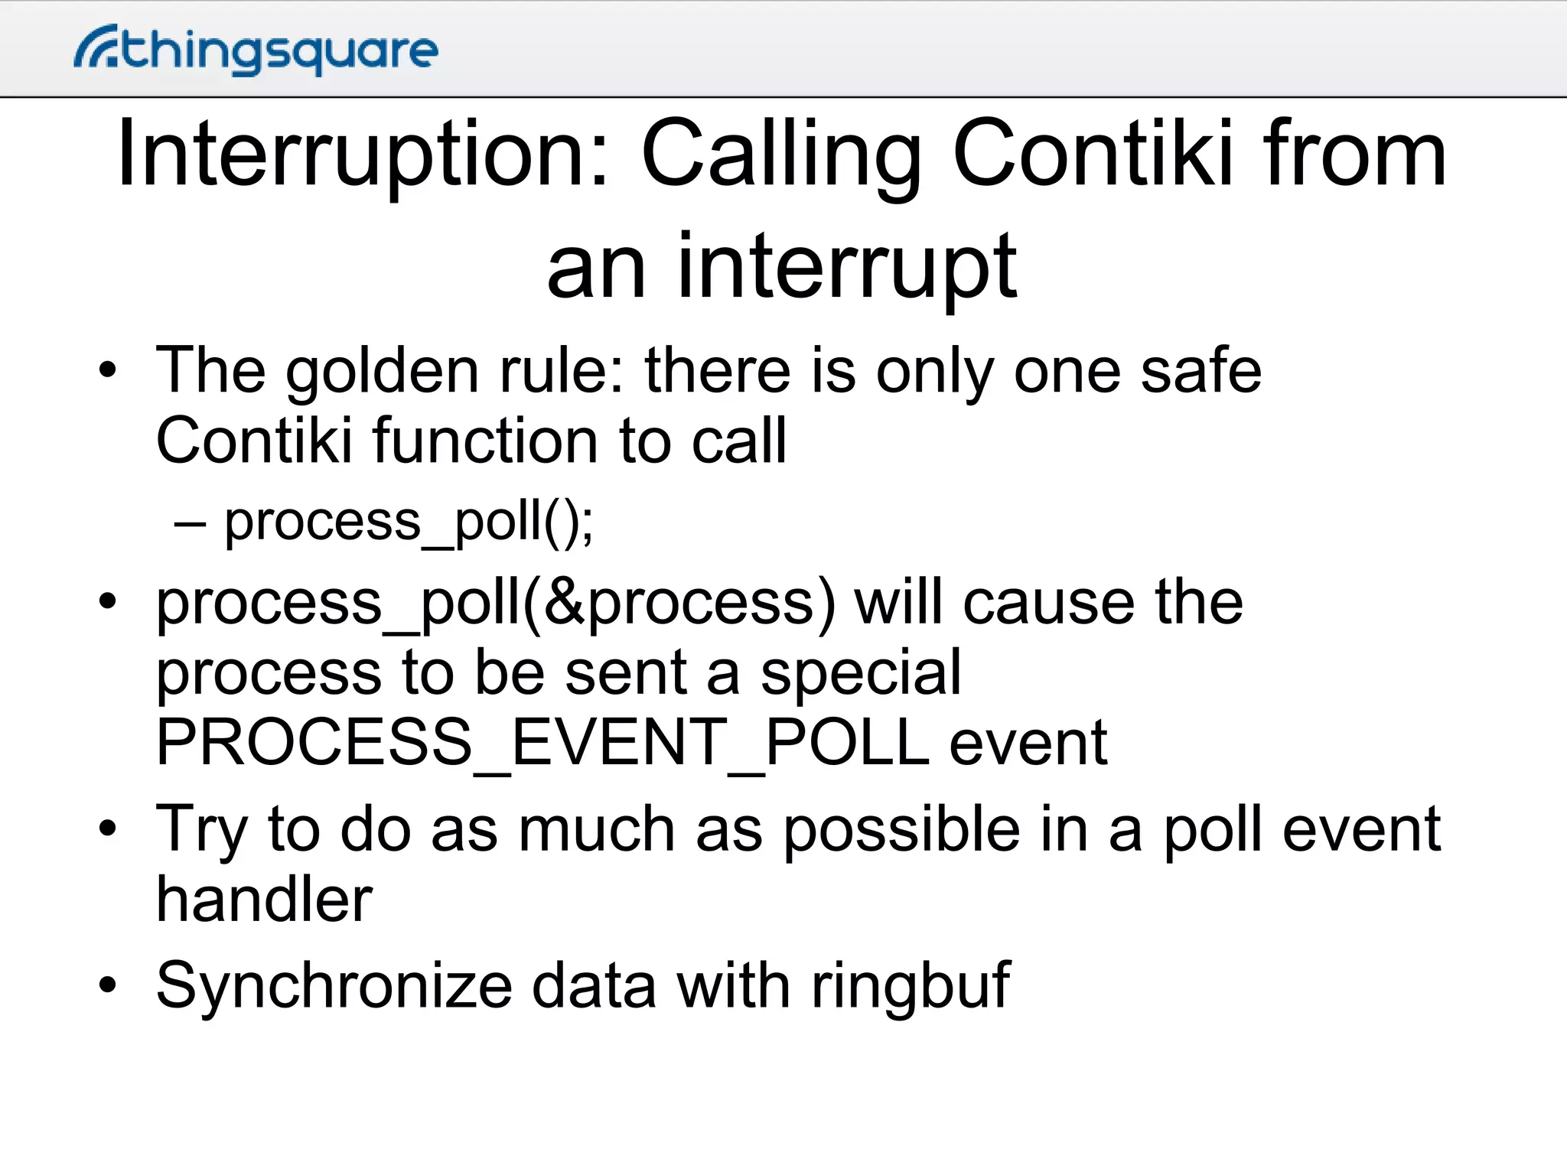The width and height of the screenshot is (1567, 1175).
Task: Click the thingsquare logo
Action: pos(256,50)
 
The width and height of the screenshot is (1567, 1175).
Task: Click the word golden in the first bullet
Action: pos(382,372)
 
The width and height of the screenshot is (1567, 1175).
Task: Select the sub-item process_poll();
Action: pos(409,522)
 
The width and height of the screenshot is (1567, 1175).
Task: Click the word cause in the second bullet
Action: pos(1049,602)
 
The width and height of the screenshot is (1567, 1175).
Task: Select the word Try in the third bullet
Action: pos(201,830)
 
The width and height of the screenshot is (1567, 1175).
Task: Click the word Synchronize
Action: pos(334,987)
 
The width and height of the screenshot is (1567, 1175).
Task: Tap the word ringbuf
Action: pos(911,987)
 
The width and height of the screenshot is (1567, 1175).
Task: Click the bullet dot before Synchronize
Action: pos(108,986)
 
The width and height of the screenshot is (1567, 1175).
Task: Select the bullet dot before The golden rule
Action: pos(108,372)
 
